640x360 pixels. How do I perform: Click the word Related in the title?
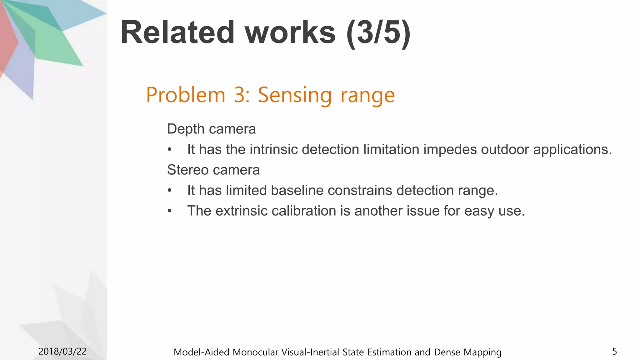(x=177, y=32)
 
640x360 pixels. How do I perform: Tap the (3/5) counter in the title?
(x=378, y=33)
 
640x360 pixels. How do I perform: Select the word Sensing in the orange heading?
(x=294, y=95)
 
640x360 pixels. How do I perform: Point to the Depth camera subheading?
(x=211, y=129)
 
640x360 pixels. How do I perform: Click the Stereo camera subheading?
(x=213, y=170)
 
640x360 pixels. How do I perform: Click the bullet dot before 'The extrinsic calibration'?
(x=169, y=211)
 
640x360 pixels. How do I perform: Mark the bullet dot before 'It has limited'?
(x=169, y=191)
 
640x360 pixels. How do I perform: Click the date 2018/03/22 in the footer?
(x=62, y=352)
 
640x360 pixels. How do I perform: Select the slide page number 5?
(x=614, y=352)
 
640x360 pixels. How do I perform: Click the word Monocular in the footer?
(x=255, y=352)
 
